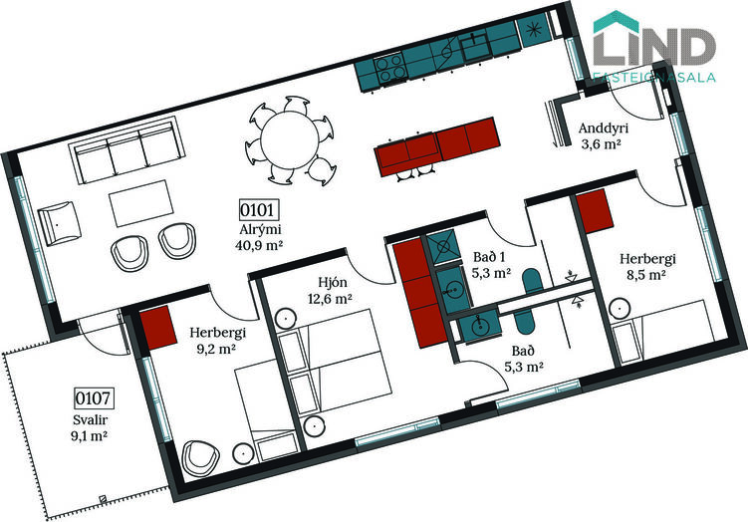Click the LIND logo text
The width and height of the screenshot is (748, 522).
pyautogui.click(x=654, y=46)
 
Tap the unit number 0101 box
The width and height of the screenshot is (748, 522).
pyautogui.click(x=259, y=210)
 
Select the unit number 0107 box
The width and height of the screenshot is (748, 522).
pyautogui.click(x=95, y=397)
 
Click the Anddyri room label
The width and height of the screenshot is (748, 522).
pyautogui.click(x=603, y=128)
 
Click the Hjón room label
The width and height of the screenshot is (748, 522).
pyautogui.click(x=333, y=283)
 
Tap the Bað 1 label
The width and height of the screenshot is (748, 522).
pyautogui.click(x=489, y=257)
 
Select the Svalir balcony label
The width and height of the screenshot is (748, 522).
pyautogui.click(x=91, y=419)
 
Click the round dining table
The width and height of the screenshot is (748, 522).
pyautogui.click(x=290, y=139)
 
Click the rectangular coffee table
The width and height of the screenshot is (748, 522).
pyautogui.click(x=141, y=203)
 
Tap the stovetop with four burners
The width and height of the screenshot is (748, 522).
pyautogui.click(x=389, y=69)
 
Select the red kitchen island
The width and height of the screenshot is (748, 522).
pyautogui.click(x=436, y=147)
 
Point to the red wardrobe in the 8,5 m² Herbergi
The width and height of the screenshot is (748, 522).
pyautogui.click(x=595, y=211)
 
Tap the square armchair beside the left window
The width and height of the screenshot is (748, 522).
pyautogui.click(x=59, y=223)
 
